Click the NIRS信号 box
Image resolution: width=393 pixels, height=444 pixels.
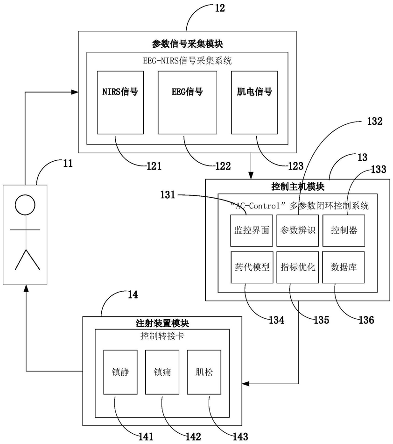click(120, 102)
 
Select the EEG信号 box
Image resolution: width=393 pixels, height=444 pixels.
click(187, 102)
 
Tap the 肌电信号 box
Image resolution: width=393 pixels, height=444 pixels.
click(254, 102)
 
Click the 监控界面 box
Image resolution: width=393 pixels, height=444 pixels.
click(252, 230)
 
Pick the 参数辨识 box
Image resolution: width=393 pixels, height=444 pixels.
click(297, 230)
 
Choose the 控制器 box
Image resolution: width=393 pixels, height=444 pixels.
click(344, 230)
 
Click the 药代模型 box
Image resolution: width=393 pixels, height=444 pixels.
click(252, 267)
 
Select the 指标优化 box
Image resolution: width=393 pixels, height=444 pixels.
click(297, 267)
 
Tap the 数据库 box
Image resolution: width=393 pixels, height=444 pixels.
click(343, 267)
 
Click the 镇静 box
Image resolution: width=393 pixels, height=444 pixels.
click(120, 372)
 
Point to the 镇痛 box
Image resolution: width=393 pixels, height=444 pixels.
click(162, 372)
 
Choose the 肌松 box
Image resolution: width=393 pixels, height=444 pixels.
click(204, 372)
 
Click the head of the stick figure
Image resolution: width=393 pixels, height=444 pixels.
click(25, 205)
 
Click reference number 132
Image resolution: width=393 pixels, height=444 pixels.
click(375, 122)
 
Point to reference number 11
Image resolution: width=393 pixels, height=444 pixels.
click(68, 164)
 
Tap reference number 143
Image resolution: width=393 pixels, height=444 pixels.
click(240, 437)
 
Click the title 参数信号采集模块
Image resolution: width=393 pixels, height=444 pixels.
click(188, 44)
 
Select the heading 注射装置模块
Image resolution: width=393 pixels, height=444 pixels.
click(162, 323)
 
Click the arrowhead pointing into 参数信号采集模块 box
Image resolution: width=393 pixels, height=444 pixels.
click(75, 92)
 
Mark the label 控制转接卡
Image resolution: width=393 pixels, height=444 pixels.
click(162, 336)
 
